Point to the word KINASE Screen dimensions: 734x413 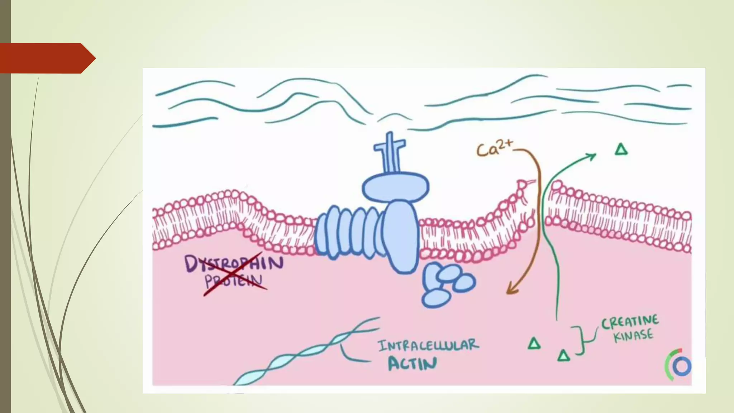[x=633, y=336]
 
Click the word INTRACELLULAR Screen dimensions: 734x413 [x=428, y=346]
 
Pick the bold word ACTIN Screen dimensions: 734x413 [x=413, y=364]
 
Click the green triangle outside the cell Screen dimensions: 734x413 [x=621, y=149]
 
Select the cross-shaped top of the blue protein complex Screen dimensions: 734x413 [x=390, y=147]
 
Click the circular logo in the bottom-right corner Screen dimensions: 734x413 [x=678, y=365]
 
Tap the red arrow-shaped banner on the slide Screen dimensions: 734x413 [x=47, y=58]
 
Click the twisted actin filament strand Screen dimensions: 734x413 [x=305, y=353]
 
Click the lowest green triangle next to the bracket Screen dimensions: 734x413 [x=563, y=356]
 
